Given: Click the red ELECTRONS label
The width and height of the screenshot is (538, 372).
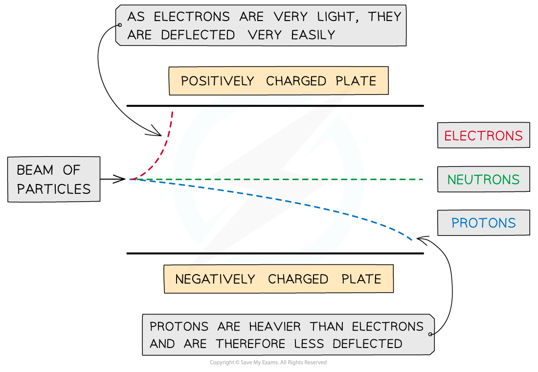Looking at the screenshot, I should pos(483,136).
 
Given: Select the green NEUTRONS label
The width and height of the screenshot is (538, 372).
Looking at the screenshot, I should pos(483,180).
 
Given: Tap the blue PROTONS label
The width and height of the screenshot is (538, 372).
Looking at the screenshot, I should pos(483,223).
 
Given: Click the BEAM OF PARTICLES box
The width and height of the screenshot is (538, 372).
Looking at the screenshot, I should pos(54,180).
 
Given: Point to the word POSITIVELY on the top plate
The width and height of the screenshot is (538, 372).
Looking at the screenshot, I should pos(218,81).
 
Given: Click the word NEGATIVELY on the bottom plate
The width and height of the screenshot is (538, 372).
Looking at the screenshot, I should pos(215,279).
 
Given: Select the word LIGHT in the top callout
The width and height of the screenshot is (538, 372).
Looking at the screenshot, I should pos(332,17).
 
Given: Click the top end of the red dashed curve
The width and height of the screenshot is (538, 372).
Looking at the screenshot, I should pos(172,111).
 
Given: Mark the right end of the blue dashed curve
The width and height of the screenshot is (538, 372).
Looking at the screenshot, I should pos(412,240).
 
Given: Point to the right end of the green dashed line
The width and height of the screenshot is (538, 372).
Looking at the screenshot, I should pos(423,180).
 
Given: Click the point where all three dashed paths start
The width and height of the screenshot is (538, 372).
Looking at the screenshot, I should pos(130,180).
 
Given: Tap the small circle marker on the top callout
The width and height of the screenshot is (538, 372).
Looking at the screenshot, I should pos(119,25).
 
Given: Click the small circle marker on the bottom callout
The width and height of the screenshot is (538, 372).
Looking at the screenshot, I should pos(430,334).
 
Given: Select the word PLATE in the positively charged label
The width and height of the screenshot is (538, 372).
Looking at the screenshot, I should pos(356,81).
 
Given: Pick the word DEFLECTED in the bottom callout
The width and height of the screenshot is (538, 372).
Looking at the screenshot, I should pos(367,344).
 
